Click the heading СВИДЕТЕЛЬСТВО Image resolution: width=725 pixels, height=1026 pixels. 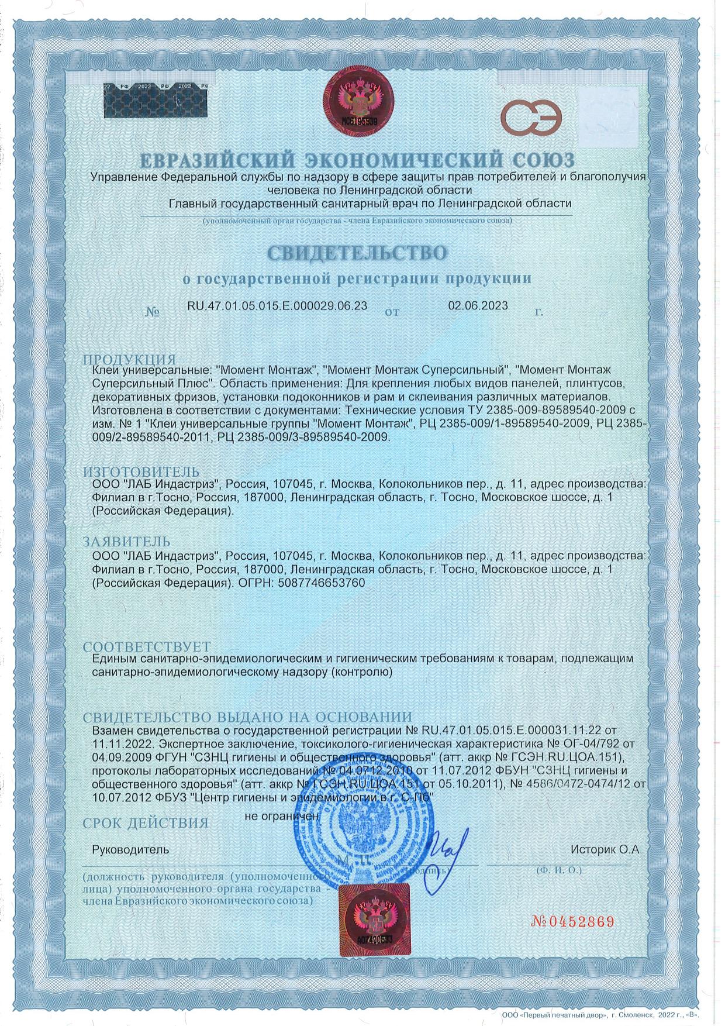click(357, 252)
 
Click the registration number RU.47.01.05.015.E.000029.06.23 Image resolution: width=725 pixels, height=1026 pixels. click(277, 306)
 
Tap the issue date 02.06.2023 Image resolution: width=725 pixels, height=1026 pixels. click(478, 305)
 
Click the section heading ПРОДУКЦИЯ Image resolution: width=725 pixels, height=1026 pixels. click(129, 359)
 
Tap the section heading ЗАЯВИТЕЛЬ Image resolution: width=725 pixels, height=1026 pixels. click(126, 541)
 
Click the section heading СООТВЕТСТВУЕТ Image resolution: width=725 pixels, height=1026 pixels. click(146, 648)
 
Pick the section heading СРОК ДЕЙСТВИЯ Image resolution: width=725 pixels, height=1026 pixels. click(146, 823)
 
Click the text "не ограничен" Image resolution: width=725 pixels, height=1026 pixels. click(282, 814)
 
